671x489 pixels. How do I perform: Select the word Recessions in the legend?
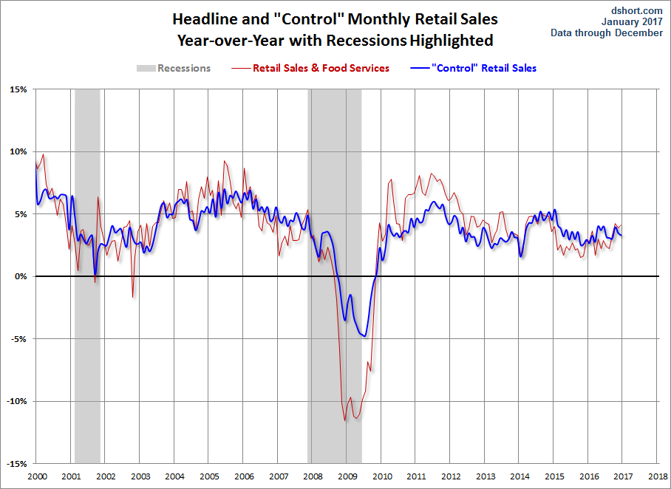184,68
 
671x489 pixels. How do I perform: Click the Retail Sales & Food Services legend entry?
321,68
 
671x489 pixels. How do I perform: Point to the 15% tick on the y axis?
18,89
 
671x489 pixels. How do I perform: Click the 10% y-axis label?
18,152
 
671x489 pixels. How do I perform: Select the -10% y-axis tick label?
16,402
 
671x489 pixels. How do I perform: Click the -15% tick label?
16,464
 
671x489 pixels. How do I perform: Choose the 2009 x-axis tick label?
347,477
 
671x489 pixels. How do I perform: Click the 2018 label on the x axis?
656,477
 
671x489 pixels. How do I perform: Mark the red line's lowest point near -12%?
345,421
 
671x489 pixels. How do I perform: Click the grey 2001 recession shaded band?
87,185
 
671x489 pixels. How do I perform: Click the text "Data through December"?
607,33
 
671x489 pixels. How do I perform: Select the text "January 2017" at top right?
636,21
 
